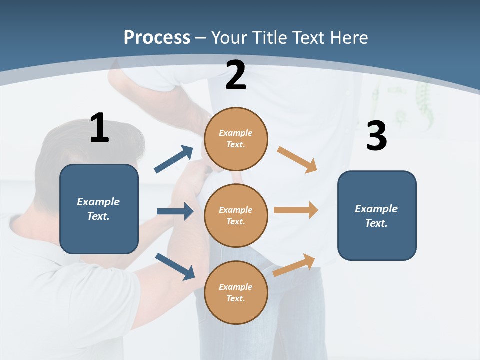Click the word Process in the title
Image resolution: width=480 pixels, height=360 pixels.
pos(157,38)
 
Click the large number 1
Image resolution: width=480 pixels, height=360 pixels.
pos(99,128)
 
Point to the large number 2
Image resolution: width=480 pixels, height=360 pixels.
pos(236,76)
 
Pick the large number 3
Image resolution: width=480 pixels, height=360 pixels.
pos(376,136)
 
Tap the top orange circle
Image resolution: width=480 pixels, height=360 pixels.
pos(236,139)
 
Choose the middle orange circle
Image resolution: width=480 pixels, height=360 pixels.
pos(236,215)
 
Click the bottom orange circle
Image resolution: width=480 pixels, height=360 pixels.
pos(236,292)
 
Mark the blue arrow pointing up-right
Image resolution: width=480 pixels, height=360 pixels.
pos(174,159)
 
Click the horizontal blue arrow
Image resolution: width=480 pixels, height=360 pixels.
pos(175,211)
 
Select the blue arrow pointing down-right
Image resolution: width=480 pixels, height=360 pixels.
pos(175,266)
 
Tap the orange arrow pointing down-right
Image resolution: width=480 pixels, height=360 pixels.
pos(297,159)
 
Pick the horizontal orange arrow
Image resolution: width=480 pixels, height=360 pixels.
pos(296,210)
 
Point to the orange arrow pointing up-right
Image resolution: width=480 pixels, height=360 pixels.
pos(294,265)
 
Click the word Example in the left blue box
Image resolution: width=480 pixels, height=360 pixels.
pos(98,202)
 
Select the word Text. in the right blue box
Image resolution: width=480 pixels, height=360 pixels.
pos(376,223)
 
